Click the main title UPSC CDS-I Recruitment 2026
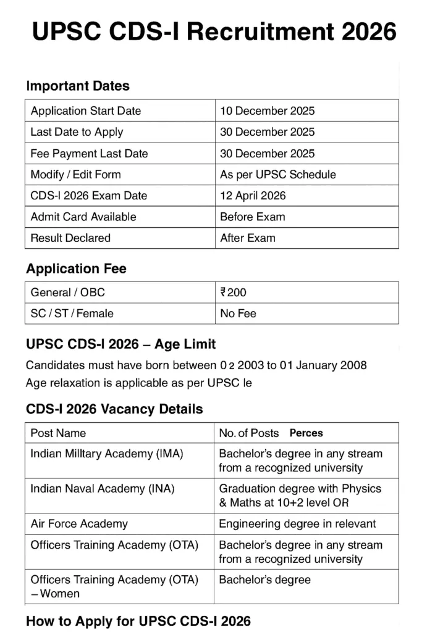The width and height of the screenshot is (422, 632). pos(214,31)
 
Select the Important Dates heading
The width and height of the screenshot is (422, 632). pos(78,86)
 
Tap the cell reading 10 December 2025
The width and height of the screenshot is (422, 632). pos(267,111)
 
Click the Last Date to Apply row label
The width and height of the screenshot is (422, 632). pos(77,132)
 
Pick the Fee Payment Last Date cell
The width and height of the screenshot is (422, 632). pos(90,154)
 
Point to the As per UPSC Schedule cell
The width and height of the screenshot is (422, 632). pos(278,175)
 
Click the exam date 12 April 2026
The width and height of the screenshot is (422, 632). pos(253,196)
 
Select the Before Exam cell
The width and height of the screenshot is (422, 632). pos(252,217)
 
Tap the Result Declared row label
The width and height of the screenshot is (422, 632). pos(70,238)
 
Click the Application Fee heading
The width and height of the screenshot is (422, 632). pos(76,269)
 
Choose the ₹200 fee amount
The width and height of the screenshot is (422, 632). pos(233,293)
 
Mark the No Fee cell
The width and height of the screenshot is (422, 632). pos(238,314)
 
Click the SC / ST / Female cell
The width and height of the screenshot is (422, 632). pos(72,314)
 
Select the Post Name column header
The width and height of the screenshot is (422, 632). pos(58,433)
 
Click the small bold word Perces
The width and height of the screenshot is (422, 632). pos(306,433)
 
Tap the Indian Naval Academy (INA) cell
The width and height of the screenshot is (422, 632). pos(103,489)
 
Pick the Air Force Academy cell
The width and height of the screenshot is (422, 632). pos(79,524)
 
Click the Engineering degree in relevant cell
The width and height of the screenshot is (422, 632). pos(297,524)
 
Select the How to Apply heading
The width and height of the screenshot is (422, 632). pos(138,621)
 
